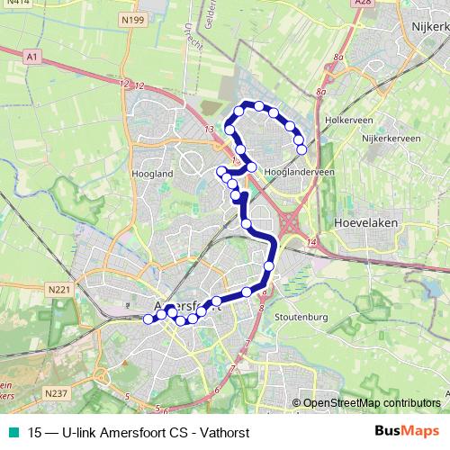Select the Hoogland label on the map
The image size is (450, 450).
coord(151,173)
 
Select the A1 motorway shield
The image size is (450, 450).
coord(33,57)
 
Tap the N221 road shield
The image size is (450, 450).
coord(59,289)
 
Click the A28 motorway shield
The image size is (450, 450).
coord(363,4)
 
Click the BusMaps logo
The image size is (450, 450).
coord(407,430)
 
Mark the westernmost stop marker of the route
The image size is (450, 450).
coord(148,318)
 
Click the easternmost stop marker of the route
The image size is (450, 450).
coord(301,150)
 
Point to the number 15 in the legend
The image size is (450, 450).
coord(35,431)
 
